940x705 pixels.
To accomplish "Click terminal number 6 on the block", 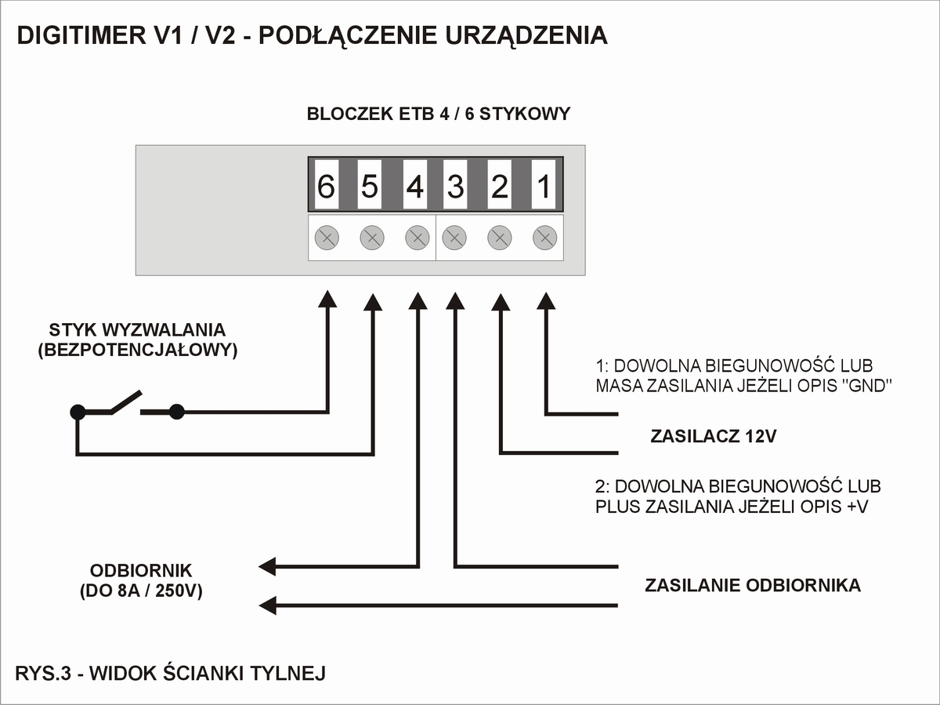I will (326, 187).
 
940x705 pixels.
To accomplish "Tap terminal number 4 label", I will (415, 187).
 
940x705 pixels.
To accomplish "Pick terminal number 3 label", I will (455, 187).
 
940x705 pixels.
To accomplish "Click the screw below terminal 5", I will (371, 237).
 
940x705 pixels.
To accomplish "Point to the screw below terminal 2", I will (499, 237).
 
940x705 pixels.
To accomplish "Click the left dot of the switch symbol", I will (77, 410).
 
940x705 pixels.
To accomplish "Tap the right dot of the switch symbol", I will (177, 410).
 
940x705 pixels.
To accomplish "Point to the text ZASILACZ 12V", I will (713, 437).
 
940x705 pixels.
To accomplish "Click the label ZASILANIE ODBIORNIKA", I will (752, 586).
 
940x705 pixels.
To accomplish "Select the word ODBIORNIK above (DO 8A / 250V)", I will (141, 570).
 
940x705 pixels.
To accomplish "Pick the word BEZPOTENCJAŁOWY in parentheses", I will (137, 351).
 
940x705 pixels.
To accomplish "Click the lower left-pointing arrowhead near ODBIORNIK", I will (269, 605).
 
